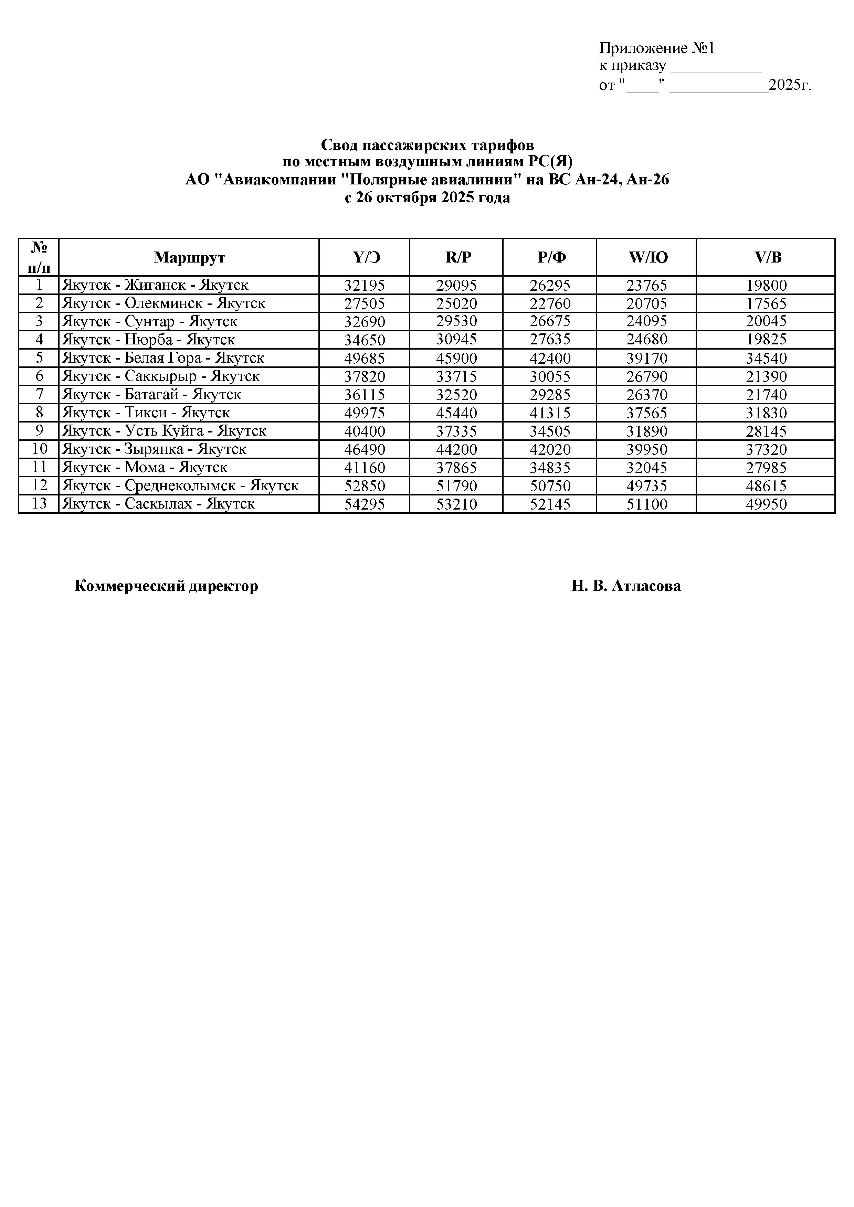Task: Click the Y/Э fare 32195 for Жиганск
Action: (x=365, y=286)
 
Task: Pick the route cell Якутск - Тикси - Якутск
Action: (x=146, y=413)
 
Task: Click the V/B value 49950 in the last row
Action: (x=766, y=504)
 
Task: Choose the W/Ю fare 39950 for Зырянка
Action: (x=647, y=449)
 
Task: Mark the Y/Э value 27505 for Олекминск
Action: (x=365, y=304)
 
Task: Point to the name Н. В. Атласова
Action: (x=626, y=586)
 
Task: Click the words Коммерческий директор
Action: (x=166, y=586)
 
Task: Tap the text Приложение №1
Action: (x=657, y=49)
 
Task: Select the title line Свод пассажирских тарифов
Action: (x=427, y=145)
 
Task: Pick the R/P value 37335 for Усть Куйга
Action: (x=456, y=431)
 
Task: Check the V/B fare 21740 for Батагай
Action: (x=766, y=395)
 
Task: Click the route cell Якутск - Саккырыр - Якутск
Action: (x=161, y=376)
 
